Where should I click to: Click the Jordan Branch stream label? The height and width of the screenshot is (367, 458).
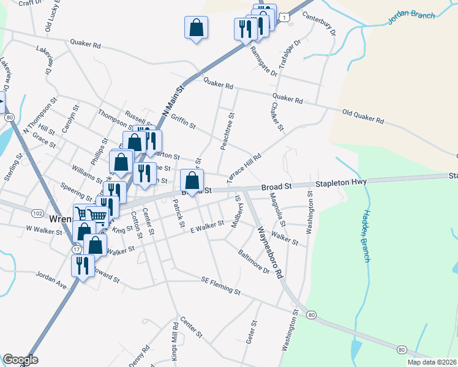[x=411, y=18]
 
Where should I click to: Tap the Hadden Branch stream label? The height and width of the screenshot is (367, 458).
[x=366, y=236]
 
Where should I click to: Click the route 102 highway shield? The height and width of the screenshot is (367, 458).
[x=37, y=212]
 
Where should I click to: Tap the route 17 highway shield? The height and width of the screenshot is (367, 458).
[x=77, y=250]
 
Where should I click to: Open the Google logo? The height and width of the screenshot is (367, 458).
[x=20, y=360]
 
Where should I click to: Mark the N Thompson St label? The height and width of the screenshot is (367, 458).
[x=39, y=115]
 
